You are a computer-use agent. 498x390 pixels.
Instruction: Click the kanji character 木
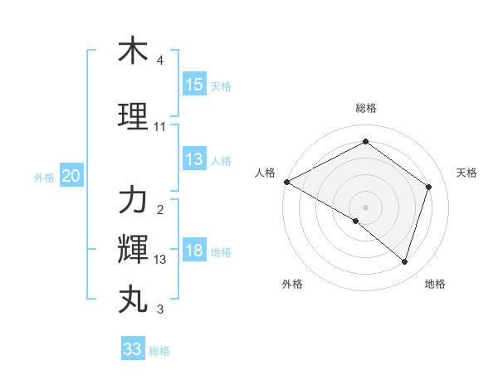[x=133, y=51]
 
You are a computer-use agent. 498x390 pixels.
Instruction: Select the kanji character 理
[x=133, y=117]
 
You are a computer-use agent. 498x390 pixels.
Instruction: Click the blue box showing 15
[x=194, y=85]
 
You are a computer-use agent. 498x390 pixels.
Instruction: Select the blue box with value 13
[x=194, y=159]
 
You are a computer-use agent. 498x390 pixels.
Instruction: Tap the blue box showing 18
[x=194, y=251]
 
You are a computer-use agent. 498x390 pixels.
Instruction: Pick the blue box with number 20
[x=71, y=176]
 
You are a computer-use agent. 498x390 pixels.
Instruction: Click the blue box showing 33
[x=133, y=349]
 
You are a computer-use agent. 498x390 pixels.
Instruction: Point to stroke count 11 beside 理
[x=160, y=127]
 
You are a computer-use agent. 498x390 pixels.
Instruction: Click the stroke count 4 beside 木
[x=160, y=61]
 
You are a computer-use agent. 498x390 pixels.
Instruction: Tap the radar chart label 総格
[x=365, y=109]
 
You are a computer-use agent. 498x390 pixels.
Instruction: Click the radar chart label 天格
[x=466, y=173]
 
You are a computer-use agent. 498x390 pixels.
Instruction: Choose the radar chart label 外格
[x=292, y=285]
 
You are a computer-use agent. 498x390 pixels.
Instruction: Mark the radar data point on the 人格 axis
[x=286, y=182]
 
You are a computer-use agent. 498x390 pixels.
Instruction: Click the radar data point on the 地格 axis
[x=404, y=262]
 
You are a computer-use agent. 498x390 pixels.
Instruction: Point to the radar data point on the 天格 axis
[x=428, y=187]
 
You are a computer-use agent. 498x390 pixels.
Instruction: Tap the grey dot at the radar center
[x=365, y=207]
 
